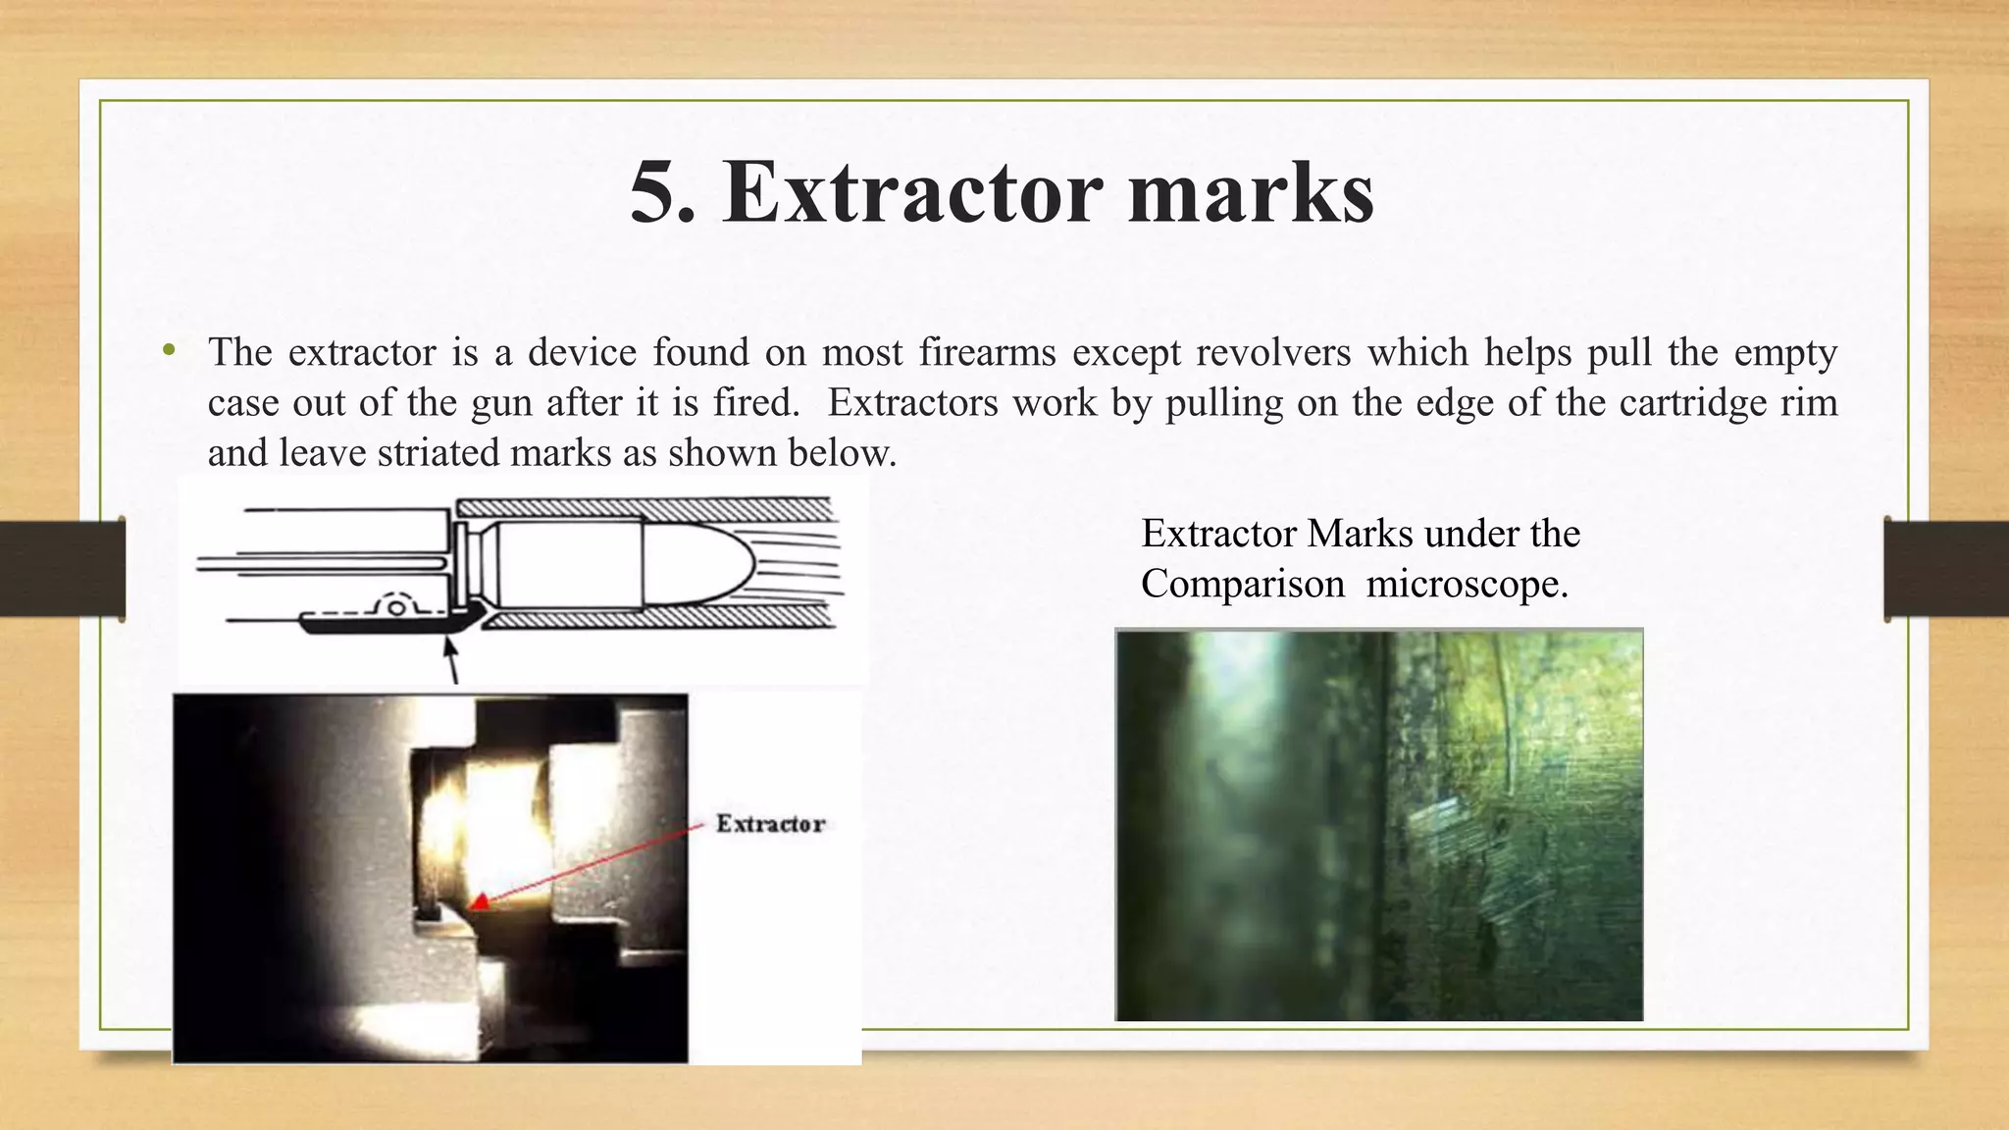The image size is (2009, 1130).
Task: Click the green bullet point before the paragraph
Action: tap(170, 350)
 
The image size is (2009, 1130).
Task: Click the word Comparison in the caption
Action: tap(1242, 585)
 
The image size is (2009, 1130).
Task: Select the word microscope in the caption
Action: tap(1466, 585)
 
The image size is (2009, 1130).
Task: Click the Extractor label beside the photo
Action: tap(770, 824)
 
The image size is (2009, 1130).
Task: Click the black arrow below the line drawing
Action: tap(451, 657)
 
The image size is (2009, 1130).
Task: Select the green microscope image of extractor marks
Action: tap(1378, 825)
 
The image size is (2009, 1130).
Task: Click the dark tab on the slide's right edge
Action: tap(1945, 569)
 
